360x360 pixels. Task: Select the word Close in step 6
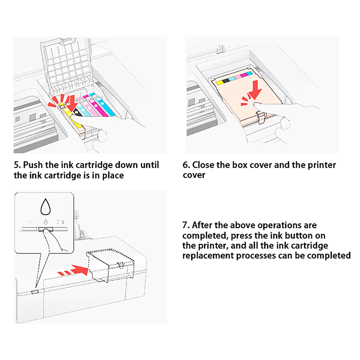[204, 165]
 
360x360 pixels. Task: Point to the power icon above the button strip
[29, 222]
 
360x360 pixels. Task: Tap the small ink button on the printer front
[35, 291]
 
